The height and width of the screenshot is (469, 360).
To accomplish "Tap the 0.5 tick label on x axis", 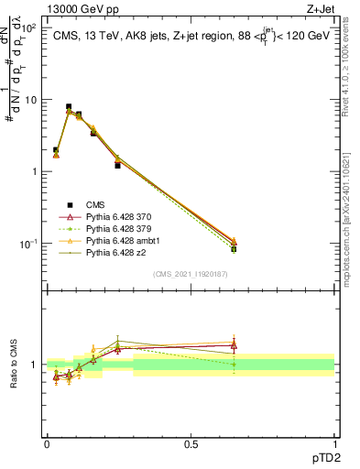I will click(x=191, y=443).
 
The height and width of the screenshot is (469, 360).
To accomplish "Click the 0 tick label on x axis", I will click(x=47, y=443).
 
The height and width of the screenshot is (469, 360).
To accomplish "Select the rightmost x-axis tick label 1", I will click(x=335, y=443).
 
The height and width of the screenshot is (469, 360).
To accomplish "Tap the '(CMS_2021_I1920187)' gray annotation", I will click(x=191, y=273).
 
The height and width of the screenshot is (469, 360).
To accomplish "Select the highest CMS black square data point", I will click(x=69, y=107).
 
